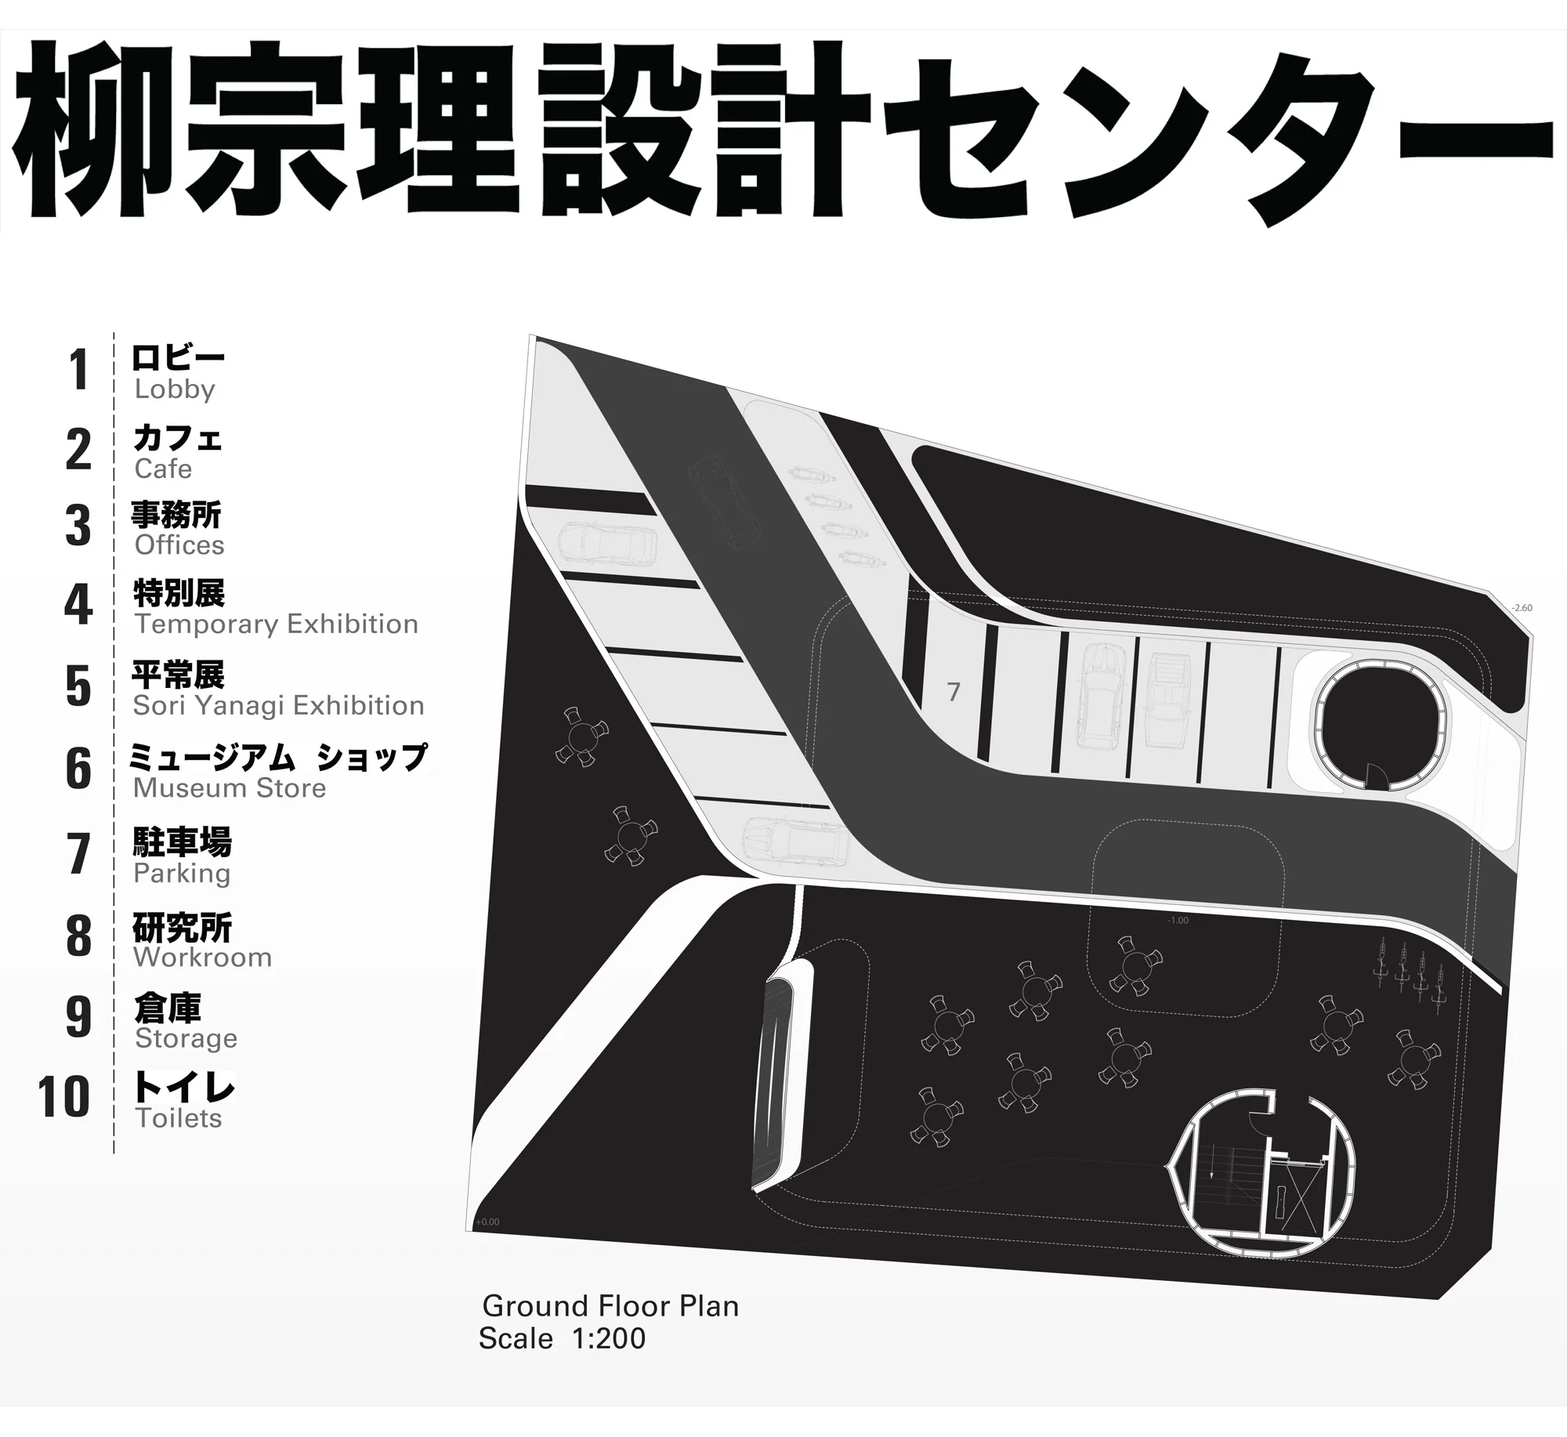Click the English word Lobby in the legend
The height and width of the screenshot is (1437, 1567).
point(174,389)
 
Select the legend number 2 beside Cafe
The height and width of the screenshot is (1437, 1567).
point(78,450)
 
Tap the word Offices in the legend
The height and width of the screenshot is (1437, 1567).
point(179,545)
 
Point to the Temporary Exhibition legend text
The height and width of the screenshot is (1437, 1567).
point(276,624)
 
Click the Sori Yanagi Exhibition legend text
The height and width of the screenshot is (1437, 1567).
point(278,706)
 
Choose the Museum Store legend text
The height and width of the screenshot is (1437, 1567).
point(229,788)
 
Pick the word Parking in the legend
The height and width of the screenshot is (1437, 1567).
point(182,874)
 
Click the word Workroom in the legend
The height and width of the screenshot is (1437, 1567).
point(202,957)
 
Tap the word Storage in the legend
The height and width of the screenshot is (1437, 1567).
point(186,1039)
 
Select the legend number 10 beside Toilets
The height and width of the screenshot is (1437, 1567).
point(63,1097)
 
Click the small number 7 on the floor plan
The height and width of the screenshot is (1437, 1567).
point(953,692)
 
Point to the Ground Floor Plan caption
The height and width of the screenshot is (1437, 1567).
point(610,1306)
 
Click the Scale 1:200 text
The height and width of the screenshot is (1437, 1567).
point(562,1339)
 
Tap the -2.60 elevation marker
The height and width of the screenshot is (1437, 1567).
point(1522,608)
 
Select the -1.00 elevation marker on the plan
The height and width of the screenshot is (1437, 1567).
point(1178,921)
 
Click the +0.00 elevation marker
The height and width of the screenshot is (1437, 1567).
point(487,1222)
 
